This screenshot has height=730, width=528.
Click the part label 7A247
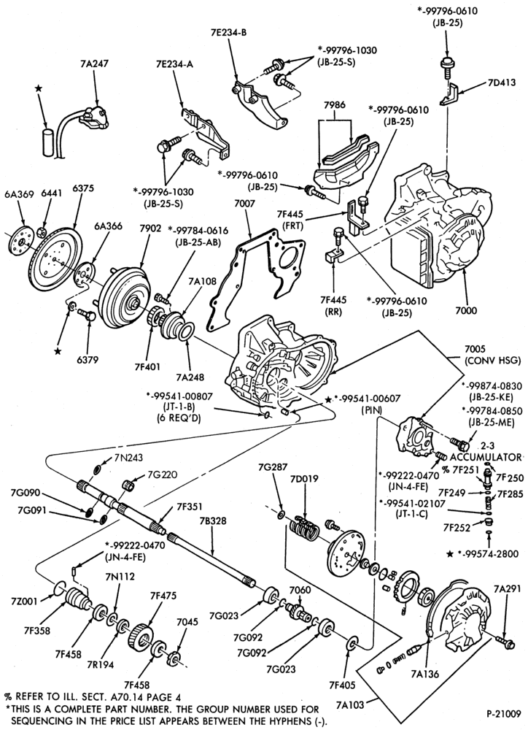coord(94,64)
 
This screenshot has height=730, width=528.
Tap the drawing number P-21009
coord(504,712)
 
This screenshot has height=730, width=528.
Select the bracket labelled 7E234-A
coord(206,133)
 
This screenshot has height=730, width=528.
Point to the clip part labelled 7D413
coord(449,96)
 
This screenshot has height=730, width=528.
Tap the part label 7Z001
coord(24,600)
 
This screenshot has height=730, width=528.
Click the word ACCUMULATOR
coord(486,457)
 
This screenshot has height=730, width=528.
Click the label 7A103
coord(350,704)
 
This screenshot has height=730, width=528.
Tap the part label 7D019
coord(304,479)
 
